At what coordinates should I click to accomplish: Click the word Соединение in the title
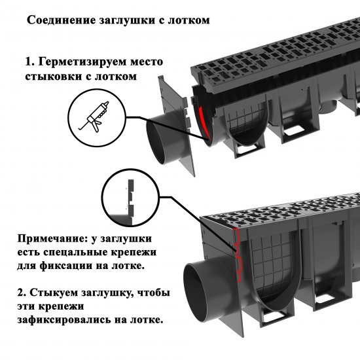[x=58, y=20]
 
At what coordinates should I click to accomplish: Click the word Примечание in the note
[x=46, y=239]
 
